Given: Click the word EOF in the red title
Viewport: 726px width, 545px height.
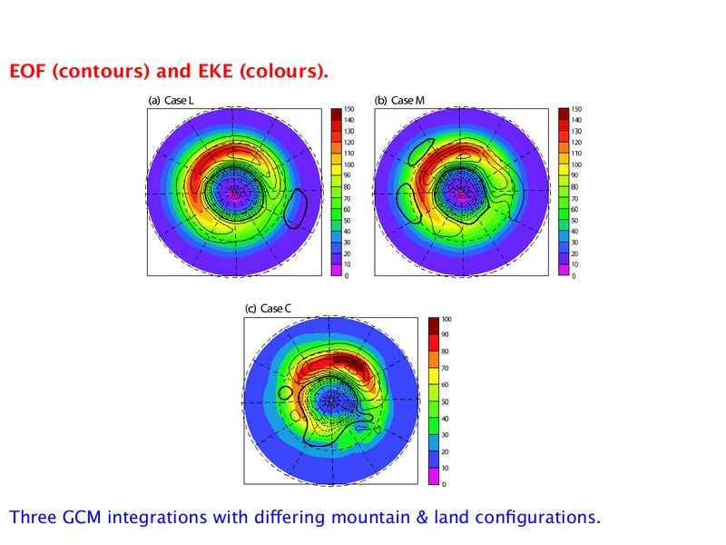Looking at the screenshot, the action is (28, 71).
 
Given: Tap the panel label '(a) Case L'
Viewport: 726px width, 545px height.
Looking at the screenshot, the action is (171, 101).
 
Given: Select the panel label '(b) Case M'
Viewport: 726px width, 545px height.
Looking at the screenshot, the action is (399, 101).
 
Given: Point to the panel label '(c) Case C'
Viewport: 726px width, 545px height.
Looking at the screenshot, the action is (268, 309).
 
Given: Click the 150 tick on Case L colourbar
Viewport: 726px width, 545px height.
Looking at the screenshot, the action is (349, 109).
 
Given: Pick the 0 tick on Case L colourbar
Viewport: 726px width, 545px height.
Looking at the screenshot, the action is (347, 276).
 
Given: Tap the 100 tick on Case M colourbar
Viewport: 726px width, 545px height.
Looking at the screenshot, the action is (576, 164).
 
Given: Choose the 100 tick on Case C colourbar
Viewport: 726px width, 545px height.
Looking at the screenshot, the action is (446, 320).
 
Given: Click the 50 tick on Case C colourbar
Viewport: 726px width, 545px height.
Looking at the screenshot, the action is (445, 401).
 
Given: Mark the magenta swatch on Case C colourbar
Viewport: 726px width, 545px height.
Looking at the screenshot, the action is (434, 476).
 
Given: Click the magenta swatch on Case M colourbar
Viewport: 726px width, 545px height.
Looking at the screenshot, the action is (563, 270).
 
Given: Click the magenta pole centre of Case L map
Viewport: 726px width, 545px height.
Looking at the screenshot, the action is (235, 193).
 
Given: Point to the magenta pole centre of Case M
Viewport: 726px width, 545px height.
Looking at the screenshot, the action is (461, 193).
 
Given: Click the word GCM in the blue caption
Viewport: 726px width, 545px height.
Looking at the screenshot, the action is (82, 517).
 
